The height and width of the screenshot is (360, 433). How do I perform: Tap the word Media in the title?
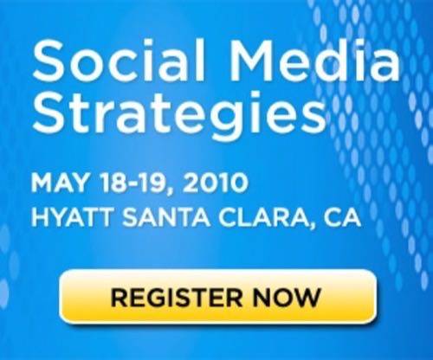(314, 60)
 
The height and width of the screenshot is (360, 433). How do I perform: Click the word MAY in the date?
(59, 183)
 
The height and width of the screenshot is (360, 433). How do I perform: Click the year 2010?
(216, 183)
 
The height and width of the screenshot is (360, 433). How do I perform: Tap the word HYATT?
(72, 217)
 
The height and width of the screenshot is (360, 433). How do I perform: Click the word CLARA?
(265, 217)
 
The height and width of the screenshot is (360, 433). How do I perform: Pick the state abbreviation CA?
(342, 217)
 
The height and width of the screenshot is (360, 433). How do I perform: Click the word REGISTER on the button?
(177, 297)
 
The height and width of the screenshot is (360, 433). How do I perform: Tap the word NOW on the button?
(287, 297)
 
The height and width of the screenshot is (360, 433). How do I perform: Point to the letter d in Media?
(335, 60)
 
